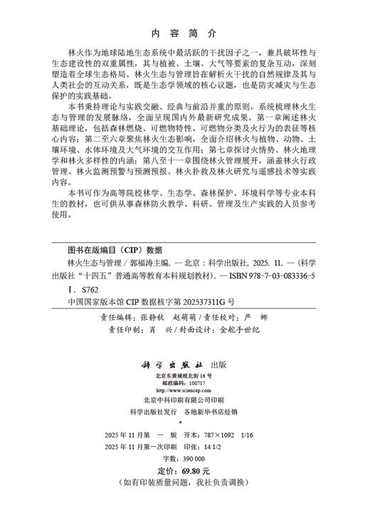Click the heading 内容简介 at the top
[184, 33]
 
